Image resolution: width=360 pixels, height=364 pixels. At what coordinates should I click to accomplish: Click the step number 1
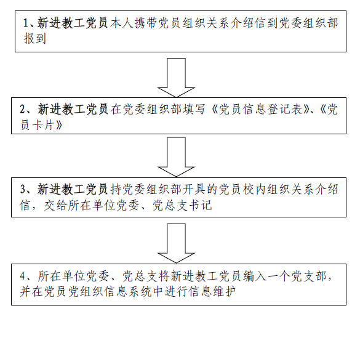[26, 23]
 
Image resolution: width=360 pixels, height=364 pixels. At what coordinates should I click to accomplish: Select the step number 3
[23, 189]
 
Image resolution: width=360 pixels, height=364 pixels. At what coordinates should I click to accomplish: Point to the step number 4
[23, 276]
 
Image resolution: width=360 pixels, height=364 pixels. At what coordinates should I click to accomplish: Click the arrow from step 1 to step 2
[176, 78]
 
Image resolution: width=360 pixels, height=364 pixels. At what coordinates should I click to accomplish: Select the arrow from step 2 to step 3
[176, 157]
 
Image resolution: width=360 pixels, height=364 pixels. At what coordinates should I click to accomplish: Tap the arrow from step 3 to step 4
[176, 243]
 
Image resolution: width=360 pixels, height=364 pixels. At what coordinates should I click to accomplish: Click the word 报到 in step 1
[35, 39]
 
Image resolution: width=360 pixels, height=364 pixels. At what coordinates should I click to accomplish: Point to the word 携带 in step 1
[146, 23]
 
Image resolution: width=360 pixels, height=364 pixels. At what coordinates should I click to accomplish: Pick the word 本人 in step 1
[122, 23]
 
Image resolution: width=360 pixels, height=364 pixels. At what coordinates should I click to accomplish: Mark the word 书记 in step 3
[201, 205]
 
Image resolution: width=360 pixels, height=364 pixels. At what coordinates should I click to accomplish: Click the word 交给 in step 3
[55, 205]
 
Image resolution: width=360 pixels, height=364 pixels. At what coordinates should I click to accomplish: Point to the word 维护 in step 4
[225, 291]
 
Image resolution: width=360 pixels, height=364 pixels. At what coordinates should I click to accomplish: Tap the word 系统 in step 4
[140, 291]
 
